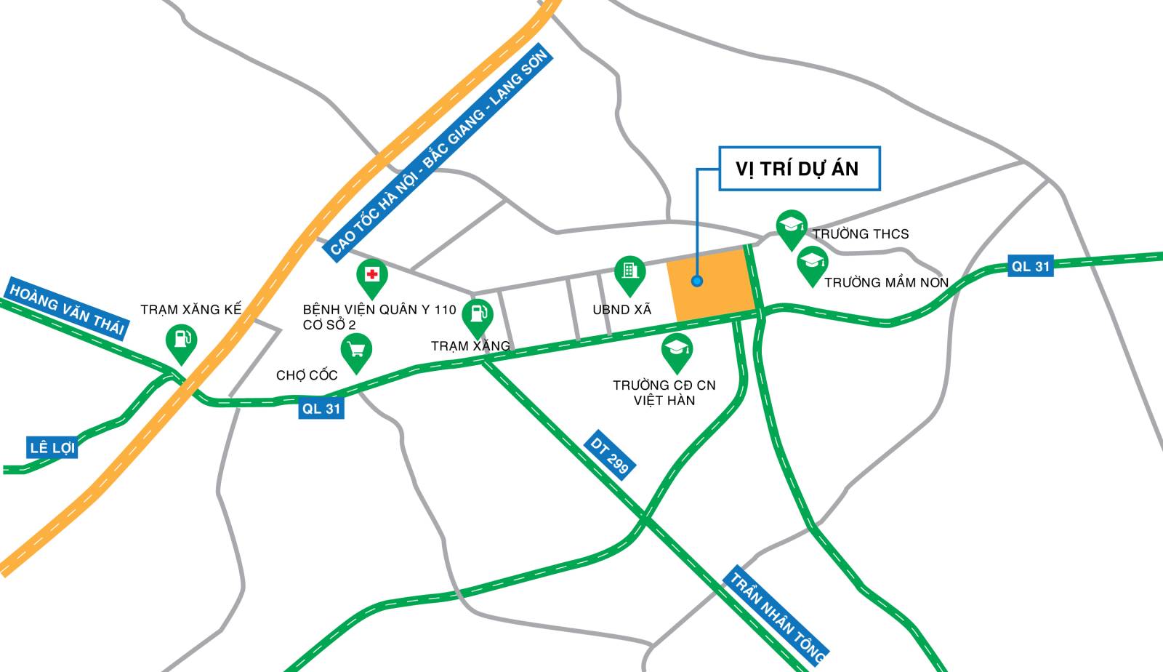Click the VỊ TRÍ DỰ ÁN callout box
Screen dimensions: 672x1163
coord(799,169)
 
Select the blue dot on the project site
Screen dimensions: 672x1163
coord(697,281)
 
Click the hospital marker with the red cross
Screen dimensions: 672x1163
coord(372,276)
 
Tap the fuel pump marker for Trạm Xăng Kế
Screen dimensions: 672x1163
coord(181,341)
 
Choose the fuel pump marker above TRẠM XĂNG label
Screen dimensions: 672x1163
coord(478,316)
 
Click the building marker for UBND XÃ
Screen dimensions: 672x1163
coord(629,273)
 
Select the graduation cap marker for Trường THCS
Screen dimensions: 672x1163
coord(791,227)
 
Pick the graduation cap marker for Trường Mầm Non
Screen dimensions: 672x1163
coord(813,263)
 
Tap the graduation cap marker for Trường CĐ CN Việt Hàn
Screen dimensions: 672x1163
coord(677,351)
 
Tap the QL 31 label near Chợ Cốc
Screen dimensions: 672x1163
coord(321,409)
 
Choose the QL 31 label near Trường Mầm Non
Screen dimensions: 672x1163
coord(1031,266)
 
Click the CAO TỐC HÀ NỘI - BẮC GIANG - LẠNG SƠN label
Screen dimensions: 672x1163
coord(438,153)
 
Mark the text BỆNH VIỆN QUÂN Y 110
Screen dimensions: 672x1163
coord(379,310)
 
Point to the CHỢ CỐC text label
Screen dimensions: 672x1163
coord(307,375)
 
